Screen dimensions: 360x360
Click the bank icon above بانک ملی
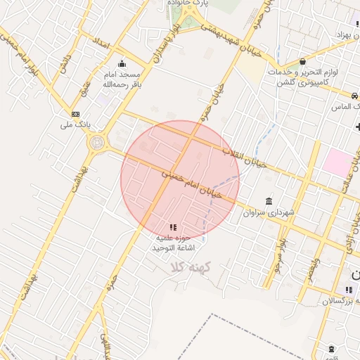click(75, 114)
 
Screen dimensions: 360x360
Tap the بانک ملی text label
click(78, 124)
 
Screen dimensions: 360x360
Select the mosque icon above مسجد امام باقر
click(122, 63)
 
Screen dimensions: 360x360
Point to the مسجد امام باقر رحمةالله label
click(122, 79)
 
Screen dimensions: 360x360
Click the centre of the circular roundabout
click(96, 143)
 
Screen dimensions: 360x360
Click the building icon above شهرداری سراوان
click(269, 201)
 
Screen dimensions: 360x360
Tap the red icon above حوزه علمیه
click(173, 227)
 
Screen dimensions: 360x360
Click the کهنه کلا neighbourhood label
click(184, 266)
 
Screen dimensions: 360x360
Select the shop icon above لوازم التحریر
click(302, 61)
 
